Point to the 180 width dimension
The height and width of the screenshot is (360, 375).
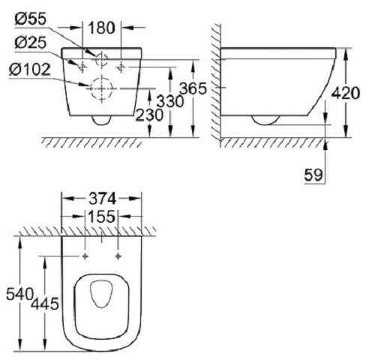pyautogui.click(x=101, y=28)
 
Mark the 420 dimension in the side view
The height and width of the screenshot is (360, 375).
pyautogui.click(x=346, y=92)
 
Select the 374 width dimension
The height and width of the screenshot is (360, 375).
pyautogui.click(x=101, y=199)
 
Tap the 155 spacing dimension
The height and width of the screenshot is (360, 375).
pyautogui.click(x=101, y=217)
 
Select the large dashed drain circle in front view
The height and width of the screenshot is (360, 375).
pyautogui.click(x=101, y=89)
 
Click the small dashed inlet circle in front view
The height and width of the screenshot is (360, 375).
pyautogui.click(x=101, y=58)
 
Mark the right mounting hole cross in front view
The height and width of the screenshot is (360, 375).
pyautogui.click(x=121, y=64)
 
